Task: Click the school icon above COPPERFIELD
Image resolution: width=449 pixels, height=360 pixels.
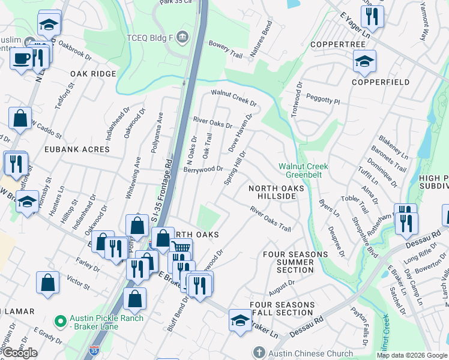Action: click(364, 61)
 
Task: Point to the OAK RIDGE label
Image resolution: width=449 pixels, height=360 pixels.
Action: click(93, 73)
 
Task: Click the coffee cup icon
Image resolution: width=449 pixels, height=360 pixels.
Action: click(22, 59)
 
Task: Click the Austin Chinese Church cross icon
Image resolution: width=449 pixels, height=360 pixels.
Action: click(259, 352)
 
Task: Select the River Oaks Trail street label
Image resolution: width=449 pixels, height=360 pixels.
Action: click(270, 219)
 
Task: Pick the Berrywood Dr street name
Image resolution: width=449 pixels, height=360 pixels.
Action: click(203, 170)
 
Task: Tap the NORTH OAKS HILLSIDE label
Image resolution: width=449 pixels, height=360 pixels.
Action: click(273, 192)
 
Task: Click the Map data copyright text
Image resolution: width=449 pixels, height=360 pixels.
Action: click(411, 355)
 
